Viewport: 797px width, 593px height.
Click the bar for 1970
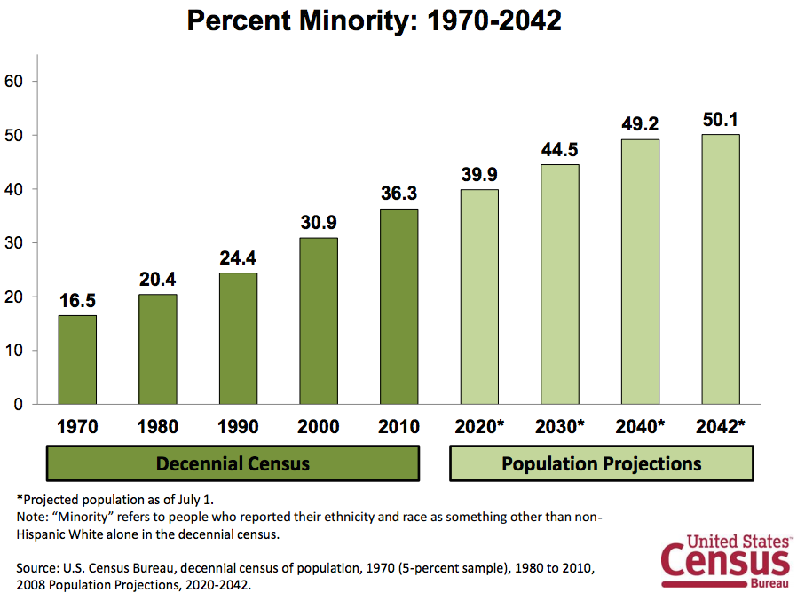[x=77, y=360]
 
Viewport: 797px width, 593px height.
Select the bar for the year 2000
[x=319, y=320]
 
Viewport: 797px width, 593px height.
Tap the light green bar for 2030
[x=559, y=284]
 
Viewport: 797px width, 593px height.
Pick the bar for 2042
[x=721, y=269]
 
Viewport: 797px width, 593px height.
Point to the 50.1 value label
[x=721, y=119]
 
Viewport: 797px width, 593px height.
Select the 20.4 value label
[x=158, y=279]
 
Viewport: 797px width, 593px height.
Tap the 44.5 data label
[x=559, y=149]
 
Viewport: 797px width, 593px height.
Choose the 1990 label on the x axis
[x=238, y=426]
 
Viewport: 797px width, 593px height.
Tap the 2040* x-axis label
[x=640, y=426]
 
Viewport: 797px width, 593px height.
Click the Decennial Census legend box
[x=233, y=463]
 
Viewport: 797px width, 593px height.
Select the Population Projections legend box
[x=602, y=463]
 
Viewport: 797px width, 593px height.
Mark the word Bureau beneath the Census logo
[x=770, y=585]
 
